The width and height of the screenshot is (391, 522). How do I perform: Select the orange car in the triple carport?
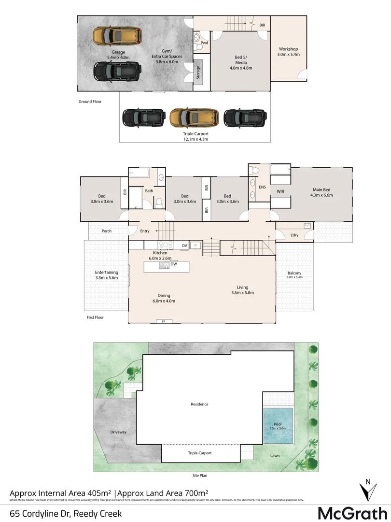[x=194, y=117]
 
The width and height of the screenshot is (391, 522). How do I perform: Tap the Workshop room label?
[x=288, y=49]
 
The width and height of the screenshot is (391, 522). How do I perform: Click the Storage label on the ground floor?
[x=198, y=73]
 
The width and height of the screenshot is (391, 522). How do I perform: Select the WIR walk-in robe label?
[x=280, y=191]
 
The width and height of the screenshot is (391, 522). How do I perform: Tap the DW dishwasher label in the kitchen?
[x=173, y=264]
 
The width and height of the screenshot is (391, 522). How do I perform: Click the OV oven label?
[x=184, y=245]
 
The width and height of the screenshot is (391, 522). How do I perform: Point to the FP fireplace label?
[x=164, y=321]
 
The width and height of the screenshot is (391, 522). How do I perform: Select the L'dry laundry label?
[x=294, y=235]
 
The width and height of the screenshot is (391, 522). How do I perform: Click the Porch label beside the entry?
[x=107, y=231]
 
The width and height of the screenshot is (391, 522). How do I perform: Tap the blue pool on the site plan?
[x=278, y=426]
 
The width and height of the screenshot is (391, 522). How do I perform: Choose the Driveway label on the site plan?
[x=118, y=432]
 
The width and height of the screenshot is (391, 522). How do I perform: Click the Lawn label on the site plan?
[x=275, y=455]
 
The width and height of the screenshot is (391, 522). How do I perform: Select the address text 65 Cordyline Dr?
[x=66, y=513]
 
